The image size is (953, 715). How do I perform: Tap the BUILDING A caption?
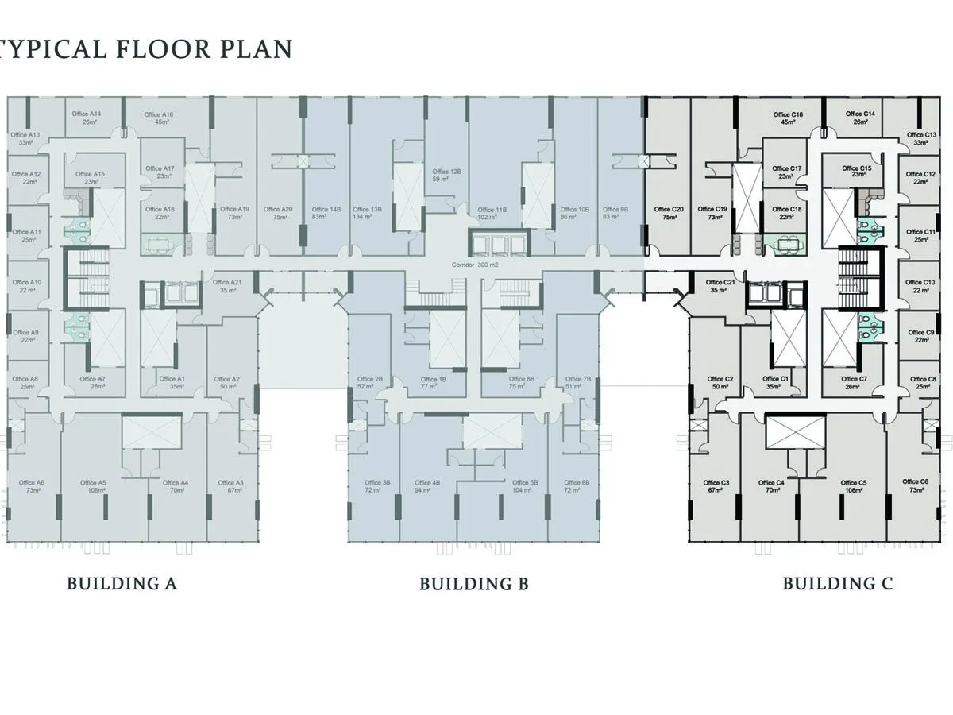(x=122, y=584)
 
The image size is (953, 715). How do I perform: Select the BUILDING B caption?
(x=474, y=585)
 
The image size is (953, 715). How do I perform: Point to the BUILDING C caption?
(x=838, y=584)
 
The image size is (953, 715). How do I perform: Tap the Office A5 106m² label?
(x=92, y=486)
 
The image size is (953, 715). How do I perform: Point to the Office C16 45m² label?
(x=788, y=118)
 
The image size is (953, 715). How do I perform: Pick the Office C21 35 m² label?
(x=713, y=286)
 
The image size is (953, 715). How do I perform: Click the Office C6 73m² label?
(x=915, y=485)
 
